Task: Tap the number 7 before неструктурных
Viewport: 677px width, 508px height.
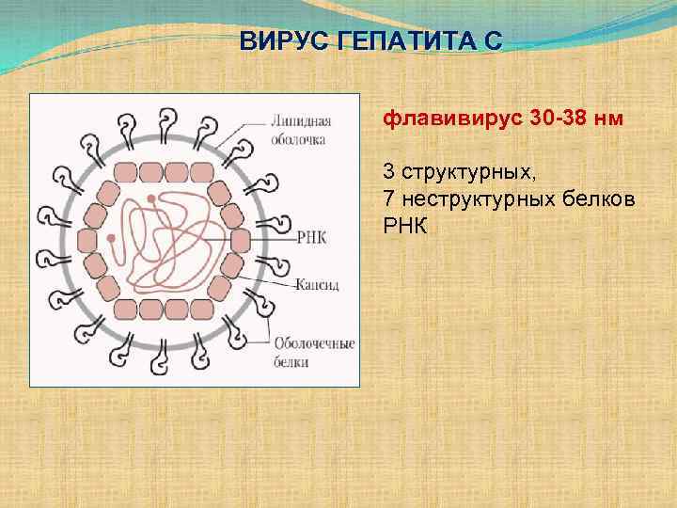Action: pyautogui.click(x=387, y=198)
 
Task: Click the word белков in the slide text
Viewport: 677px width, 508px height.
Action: pyautogui.click(x=606, y=198)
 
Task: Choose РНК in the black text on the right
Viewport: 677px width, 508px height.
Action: pyautogui.click(x=404, y=225)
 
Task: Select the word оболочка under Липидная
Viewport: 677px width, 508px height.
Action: pyautogui.click(x=299, y=139)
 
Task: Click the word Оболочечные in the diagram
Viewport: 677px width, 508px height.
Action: pyautogui.click(x=314, y=343)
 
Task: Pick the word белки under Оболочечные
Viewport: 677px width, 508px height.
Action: pyautogui.click(x=291, y=360)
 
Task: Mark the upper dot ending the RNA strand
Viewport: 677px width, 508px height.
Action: pyautogui.click(x=150, y=198)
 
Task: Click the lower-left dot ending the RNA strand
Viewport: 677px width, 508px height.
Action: pyautogui.click(x=112, y=239)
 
